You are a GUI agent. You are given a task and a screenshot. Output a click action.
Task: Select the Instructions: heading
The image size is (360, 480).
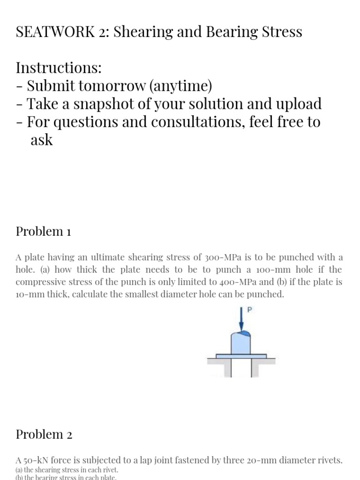pos(59,68)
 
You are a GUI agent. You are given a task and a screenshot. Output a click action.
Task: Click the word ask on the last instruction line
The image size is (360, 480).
pos(42,140)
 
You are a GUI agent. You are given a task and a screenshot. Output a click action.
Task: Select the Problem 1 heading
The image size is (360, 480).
pos(43,231)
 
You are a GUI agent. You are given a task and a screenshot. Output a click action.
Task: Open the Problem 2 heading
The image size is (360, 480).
pos(44,435)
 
